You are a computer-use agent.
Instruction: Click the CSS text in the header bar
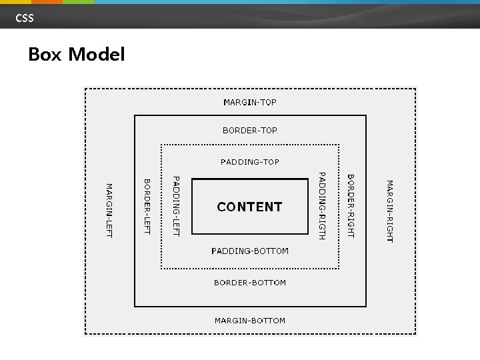point(25,18)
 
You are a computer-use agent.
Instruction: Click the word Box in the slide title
point(45,55)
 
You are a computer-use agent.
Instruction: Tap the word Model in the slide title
point(96,55)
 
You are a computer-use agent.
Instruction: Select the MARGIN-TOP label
point(250,103)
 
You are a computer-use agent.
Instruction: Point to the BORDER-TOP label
point(250,131)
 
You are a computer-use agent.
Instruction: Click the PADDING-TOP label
point(250,162)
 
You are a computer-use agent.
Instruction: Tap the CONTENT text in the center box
point(250,207)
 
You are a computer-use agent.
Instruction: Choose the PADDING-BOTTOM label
point(250,251)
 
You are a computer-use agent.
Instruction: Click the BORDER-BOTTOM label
point(250,283)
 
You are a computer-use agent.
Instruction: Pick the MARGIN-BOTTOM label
point(250,321)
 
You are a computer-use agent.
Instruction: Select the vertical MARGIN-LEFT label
point(109,210)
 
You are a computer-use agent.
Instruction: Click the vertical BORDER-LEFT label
point(147,207)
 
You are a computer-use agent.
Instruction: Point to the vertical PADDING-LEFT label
point(176,205)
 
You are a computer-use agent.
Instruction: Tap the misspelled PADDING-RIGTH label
point(321,205)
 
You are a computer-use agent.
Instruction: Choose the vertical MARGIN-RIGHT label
point(390,211)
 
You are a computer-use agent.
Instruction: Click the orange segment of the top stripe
point(47,2)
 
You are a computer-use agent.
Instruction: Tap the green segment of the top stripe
point(78,2)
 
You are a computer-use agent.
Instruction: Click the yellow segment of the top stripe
point(15,2)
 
